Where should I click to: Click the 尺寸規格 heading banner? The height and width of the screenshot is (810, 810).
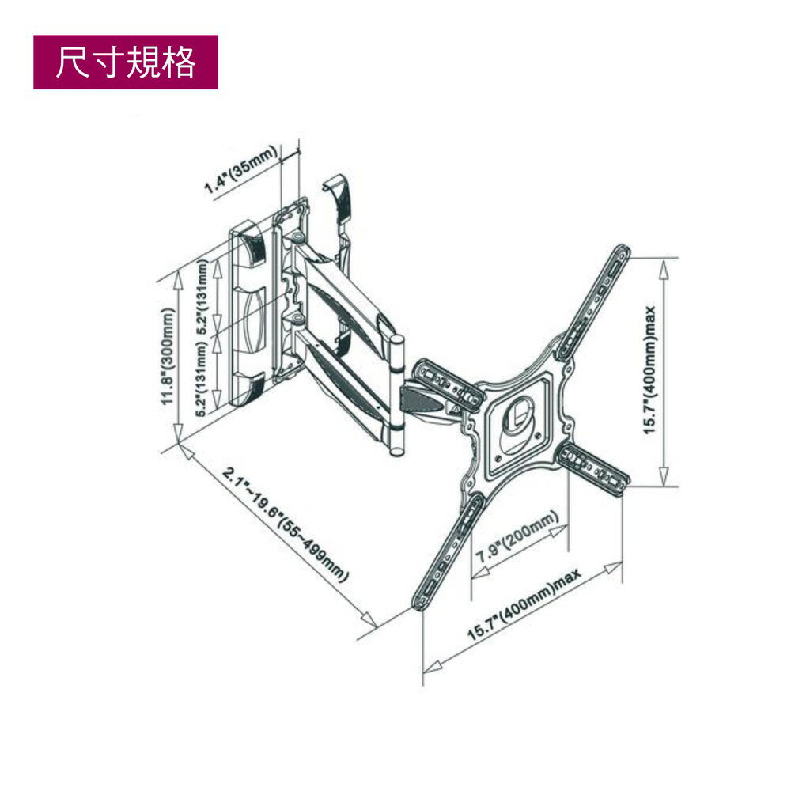(x=125, y=62)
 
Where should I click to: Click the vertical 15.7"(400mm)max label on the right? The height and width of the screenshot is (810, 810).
(x=650, y=371)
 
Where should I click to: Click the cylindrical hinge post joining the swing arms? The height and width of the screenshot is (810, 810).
(x=398, y=396)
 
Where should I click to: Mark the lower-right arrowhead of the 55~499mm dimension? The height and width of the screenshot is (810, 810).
(x=369, y=620)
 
